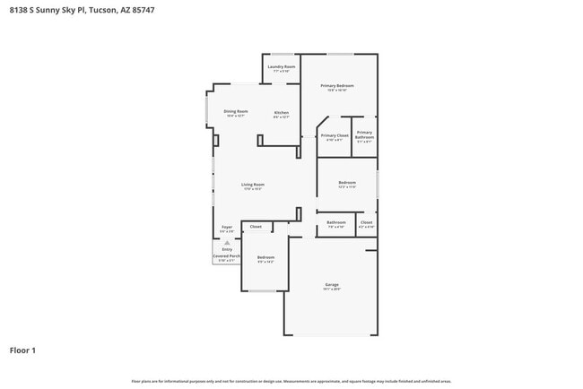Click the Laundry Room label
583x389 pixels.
tap(282, 66)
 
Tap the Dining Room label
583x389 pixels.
tap(236, 111)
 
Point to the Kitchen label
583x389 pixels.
tap(282, 112)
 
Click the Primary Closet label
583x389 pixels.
tap(335, 135)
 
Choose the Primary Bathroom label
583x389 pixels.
tap(364, 134)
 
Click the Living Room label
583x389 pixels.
tap(252, 185)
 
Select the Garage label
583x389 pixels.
tap(332, 285)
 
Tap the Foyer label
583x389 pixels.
tap(227, 227)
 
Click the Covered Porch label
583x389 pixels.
tap(226, 256)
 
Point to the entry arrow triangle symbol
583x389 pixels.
tap(227, 242)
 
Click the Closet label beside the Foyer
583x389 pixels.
tap(256, 227)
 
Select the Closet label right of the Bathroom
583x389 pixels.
tap(366, 221)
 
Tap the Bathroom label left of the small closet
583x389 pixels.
tap(336, 221)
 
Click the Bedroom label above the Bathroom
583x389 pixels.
tap(347, 183)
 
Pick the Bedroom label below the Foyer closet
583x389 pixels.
tap(265, 257)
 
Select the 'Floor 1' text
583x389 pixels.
tap(22, 350)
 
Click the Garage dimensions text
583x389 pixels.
tap(332, 290)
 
